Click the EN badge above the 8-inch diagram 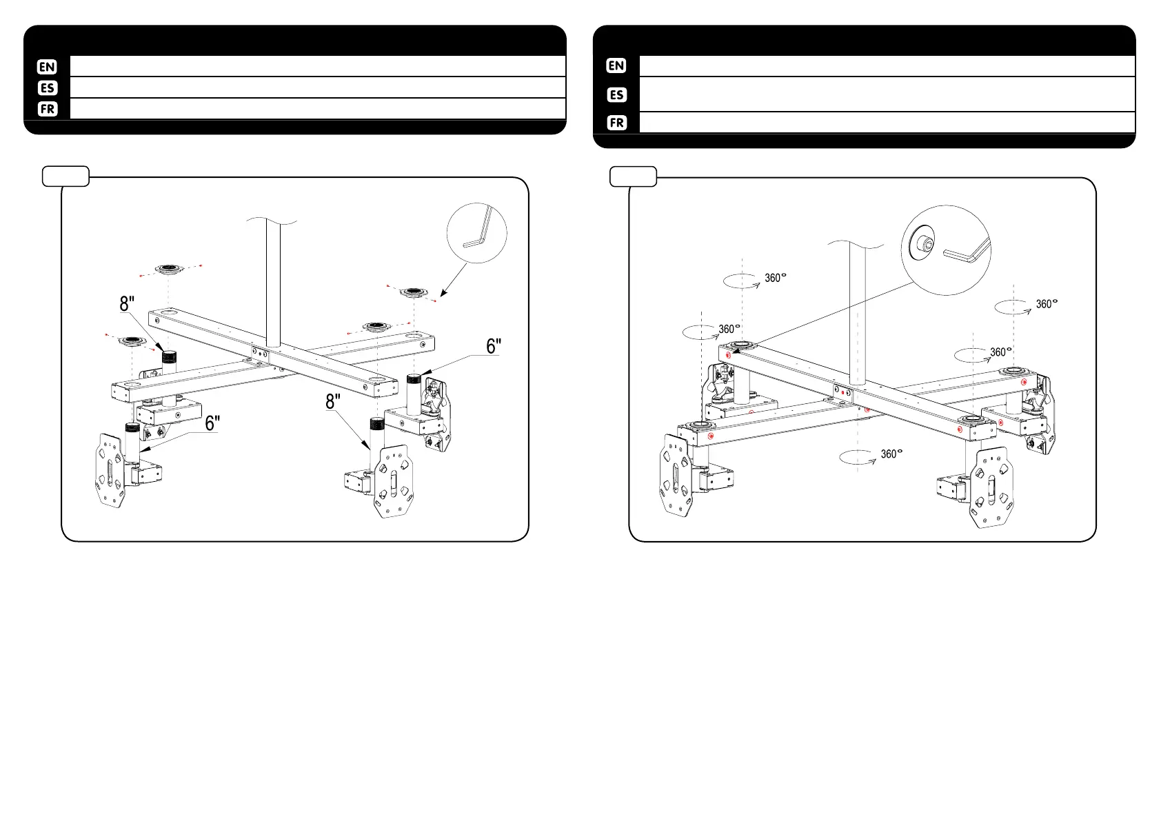point(47,67)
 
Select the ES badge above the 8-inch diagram point(47,88)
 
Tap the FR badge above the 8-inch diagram point(47,109)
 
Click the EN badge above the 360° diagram point(616,66)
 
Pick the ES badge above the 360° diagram point(616,94)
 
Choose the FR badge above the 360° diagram point(616,123)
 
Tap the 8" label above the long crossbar point(128,303)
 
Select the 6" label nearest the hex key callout point(494,346)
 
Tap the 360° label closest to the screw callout point(775,278)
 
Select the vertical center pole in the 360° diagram point(857,310)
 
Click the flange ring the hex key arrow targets point(415,292)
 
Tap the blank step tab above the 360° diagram point(634,176)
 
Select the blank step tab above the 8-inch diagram point(65,176)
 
